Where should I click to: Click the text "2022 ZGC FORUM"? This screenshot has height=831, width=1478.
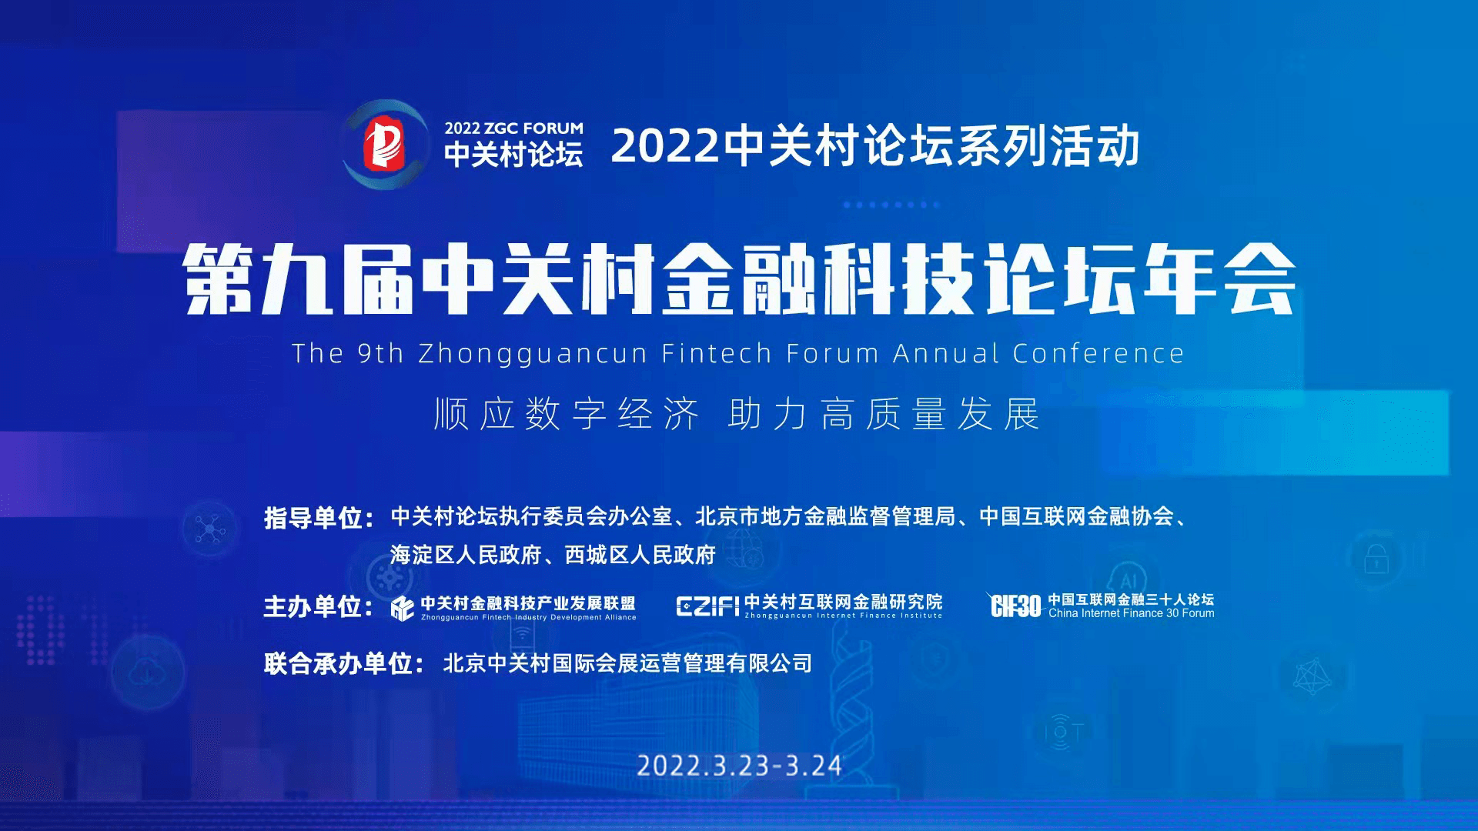513,128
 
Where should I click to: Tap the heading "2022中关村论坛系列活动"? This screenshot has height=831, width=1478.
875,146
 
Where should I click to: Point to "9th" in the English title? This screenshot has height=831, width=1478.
381,354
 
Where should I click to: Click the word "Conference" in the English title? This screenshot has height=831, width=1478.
1098,354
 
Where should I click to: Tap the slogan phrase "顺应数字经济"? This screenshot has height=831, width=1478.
566,414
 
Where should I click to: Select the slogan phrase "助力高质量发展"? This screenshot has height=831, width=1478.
884,414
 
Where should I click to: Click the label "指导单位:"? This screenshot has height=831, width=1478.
319,518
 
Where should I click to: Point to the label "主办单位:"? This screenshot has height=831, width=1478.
319,607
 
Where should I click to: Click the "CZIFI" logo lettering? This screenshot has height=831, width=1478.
708,606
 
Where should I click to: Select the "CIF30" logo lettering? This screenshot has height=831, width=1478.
1016,606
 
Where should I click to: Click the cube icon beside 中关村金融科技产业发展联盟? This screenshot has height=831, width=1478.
403,608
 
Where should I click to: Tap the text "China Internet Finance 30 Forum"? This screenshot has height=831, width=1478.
1132,613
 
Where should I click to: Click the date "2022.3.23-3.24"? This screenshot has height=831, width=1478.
739,766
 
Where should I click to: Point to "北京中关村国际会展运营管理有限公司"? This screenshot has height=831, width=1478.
627,663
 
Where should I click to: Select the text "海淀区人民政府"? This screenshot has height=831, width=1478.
466,555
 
